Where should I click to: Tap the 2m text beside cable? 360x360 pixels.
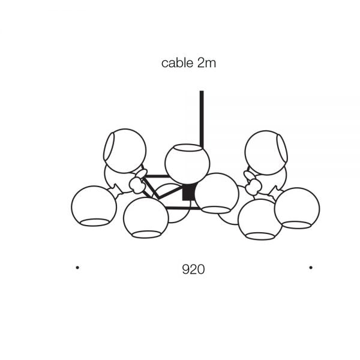[206, 63]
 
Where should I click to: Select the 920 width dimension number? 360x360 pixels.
[193, 269]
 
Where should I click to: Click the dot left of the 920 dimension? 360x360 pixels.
[77, 267]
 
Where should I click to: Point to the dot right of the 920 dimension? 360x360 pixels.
[310, 267]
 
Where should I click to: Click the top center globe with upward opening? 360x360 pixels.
[187, 165]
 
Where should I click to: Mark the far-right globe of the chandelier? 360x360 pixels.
[297, 208]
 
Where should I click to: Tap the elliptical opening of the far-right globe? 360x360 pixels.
[296, 225]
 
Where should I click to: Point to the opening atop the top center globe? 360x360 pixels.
[187, 148]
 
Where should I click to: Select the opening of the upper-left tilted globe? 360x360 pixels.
[110, 150]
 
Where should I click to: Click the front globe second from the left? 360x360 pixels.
[146, 217]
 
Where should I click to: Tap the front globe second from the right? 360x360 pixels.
[260, 219]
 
